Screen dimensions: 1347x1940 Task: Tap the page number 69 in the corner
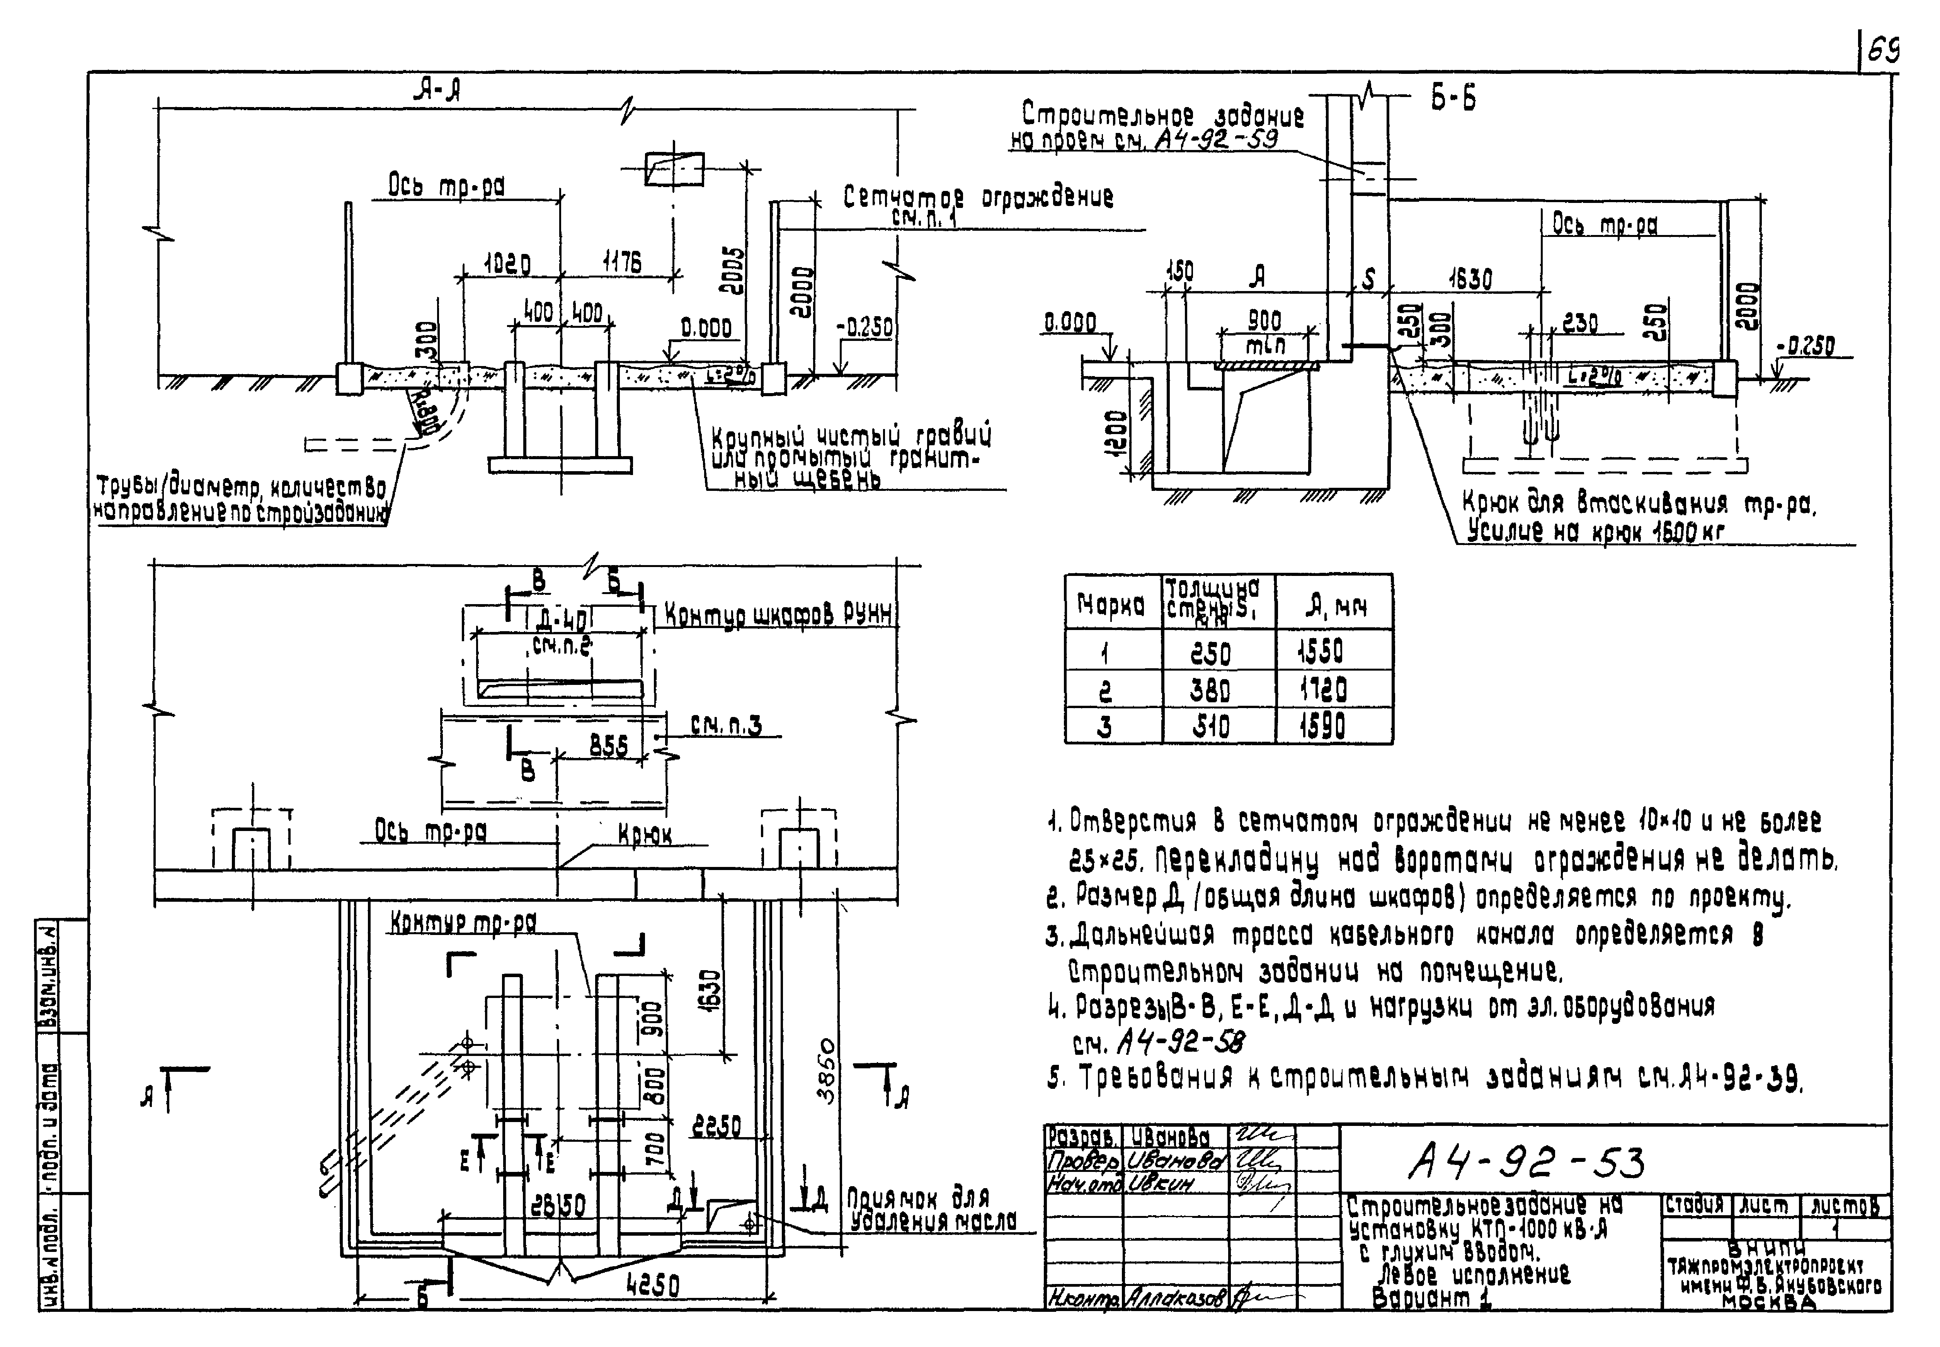(x=1882, y=52)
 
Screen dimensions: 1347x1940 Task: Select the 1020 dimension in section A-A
(x=506, y=265)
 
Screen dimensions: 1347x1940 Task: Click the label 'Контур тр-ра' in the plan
(x=463, y=923)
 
